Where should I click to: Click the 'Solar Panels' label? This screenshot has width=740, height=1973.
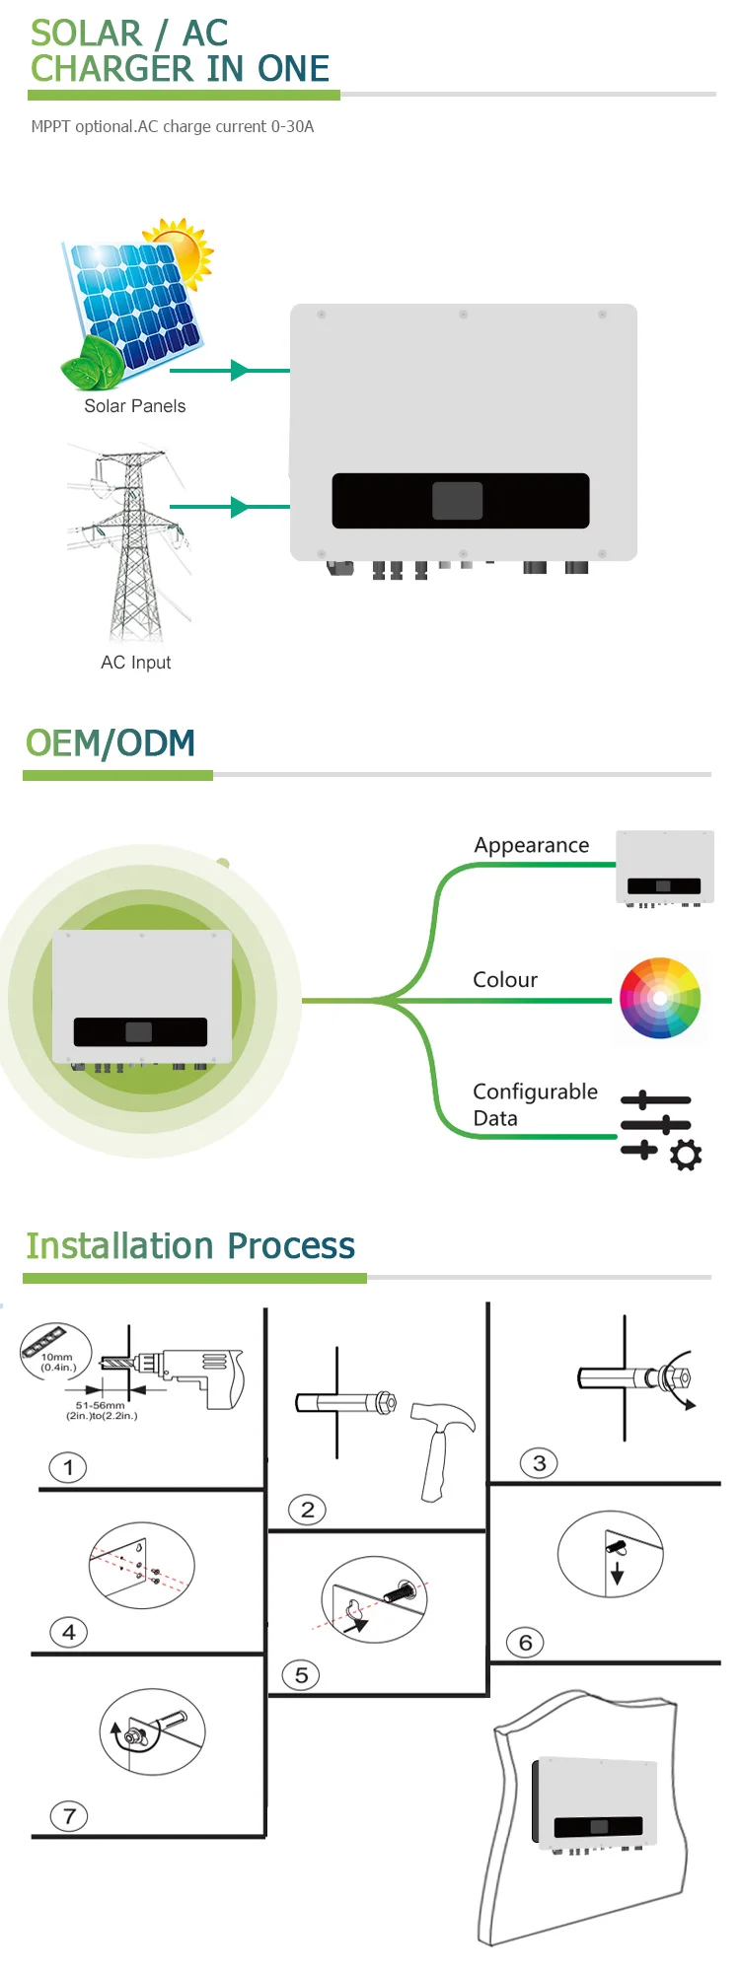pos(134,406)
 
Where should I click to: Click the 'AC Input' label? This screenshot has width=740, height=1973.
pos(135,663)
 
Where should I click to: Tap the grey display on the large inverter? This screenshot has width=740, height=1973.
pos(457,501)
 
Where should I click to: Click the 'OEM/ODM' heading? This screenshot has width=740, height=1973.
pos(111,743)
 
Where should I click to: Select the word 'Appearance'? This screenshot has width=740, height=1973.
pos(531,845)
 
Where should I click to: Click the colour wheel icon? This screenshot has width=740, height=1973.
pos(660,998)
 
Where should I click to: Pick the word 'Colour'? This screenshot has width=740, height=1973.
pos(505,980)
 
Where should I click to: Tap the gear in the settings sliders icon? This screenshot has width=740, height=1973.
pos(686,1155)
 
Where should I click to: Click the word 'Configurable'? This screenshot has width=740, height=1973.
pos(535,1092)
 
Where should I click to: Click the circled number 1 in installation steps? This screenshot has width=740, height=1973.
pos(68,1467)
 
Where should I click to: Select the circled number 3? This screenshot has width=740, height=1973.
pos(539,1463)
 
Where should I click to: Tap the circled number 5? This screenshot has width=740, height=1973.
pos(301,1675)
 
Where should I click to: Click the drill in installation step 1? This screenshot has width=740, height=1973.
pos(192,1372)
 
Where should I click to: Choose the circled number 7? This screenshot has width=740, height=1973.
pos(69,1816)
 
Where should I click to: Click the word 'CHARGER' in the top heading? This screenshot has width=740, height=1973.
pos(111,69)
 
